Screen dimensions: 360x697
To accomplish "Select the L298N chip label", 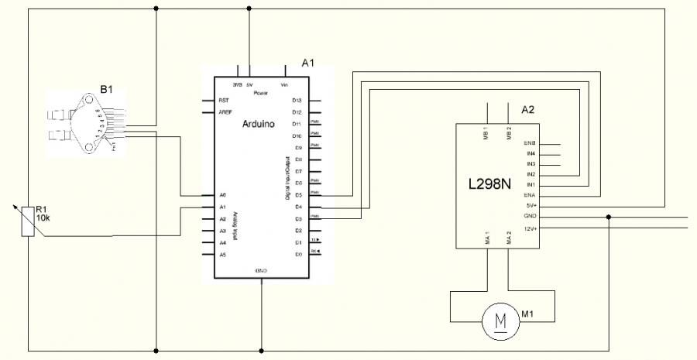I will coord(491,185).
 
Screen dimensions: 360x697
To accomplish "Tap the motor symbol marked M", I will coord(500,318).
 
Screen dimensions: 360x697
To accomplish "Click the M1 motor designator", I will coord(528,314).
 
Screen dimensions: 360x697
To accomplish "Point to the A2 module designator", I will coord(528,110).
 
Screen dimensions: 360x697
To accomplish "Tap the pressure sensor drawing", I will coord(81,124).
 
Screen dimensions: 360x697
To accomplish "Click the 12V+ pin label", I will coord(530,228).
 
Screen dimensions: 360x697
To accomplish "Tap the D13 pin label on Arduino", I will coord(296,101).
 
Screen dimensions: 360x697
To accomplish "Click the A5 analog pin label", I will coord(222,254).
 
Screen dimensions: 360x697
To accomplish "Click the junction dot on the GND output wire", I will coord(609,218).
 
